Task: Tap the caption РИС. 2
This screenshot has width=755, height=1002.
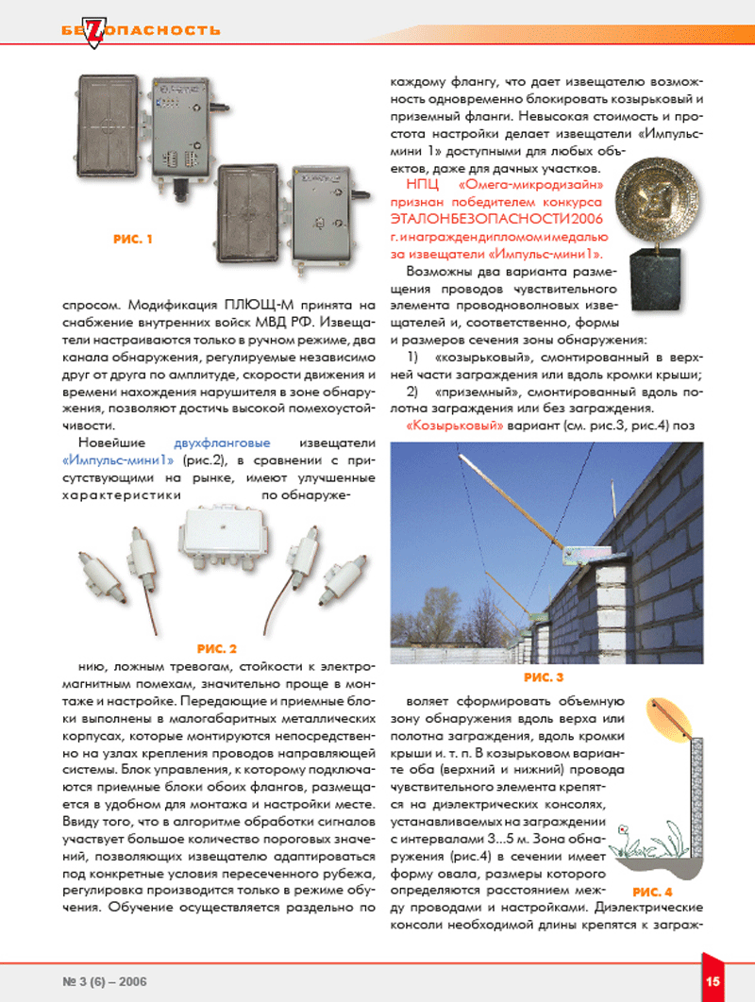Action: (216, 648)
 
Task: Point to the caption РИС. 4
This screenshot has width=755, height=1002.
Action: (653, 891)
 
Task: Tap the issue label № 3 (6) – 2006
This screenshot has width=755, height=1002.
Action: (105, 980)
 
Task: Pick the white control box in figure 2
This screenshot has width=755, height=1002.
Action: (220, 533)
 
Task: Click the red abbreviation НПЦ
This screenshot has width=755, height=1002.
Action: (420, 185)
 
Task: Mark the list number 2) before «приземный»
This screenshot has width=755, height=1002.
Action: (411, 392)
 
